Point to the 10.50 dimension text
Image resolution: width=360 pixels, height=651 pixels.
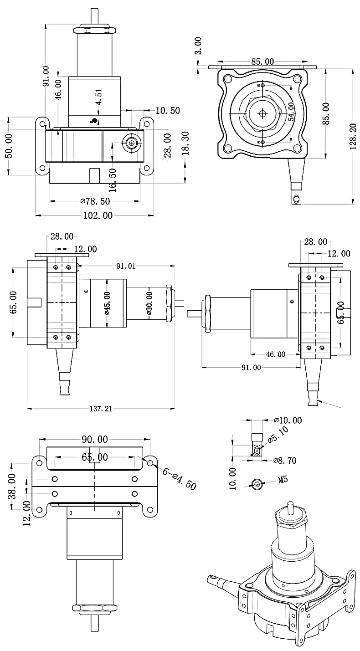coord(167,110)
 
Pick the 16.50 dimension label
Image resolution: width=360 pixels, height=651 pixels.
coord(113,179)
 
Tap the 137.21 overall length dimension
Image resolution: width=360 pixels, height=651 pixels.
coord(101,409)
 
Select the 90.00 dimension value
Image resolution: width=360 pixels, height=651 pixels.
coord(95,440)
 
